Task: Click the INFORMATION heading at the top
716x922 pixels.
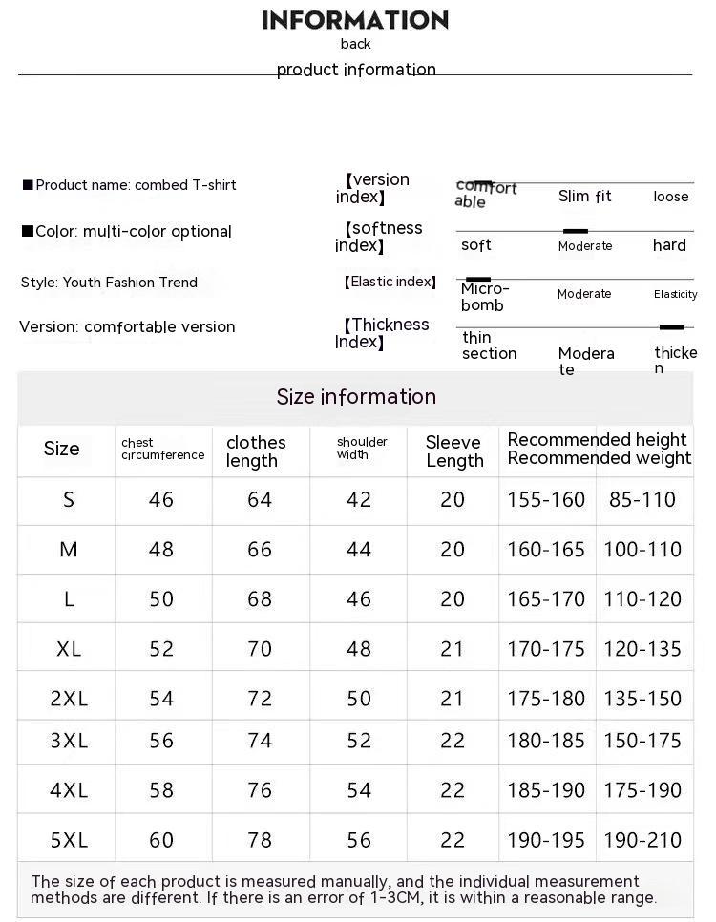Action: click(x=355, y=20)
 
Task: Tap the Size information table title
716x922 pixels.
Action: click(x=356, y=397)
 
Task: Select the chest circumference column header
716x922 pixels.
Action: click(x=162, y=450)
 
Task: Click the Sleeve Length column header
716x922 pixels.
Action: click(x=453, y=451)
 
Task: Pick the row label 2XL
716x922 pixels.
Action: click(x=69, y=699)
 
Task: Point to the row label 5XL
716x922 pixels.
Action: click(x=69, y=840)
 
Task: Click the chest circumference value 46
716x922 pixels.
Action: click(x=161, y=499)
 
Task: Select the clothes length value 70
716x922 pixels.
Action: click(x=260, y=649)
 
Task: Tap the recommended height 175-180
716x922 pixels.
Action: click(x=546, y=699)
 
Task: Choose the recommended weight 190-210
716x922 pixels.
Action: click(x=642, y=840)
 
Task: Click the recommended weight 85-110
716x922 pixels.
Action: click(x=642, y=499)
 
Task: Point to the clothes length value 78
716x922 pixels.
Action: click(x=260, y=840)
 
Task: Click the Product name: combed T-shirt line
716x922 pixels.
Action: click(x=130, y=185)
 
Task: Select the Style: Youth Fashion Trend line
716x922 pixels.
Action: click(x=109, y=283)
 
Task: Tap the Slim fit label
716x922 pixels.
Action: click(x=584, y=197)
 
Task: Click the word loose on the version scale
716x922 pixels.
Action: click(x=671, y=197)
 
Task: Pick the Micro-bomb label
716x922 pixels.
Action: click(x=485, y=297)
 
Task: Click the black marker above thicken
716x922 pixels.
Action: click(x=672, y=327)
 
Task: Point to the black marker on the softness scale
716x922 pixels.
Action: click(x=575, y=231)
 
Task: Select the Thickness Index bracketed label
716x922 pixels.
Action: click(x=382, y=333)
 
